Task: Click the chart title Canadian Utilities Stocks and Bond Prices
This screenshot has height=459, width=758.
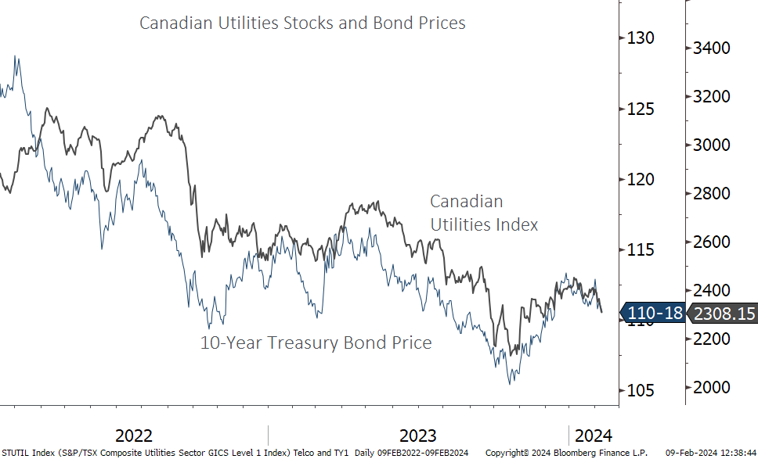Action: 302,23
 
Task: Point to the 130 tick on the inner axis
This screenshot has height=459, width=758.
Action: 640,38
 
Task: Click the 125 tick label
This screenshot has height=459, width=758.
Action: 640,109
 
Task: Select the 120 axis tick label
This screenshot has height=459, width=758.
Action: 640,179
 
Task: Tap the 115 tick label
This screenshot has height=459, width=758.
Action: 640,250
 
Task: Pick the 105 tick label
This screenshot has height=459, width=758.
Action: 640,390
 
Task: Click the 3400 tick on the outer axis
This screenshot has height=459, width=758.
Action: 712,48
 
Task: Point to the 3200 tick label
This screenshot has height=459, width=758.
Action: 712,97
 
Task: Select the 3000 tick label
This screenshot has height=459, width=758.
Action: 712,145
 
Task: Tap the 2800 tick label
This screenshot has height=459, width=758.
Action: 712,194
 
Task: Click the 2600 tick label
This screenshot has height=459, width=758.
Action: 712,242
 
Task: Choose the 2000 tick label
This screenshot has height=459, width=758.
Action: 712,388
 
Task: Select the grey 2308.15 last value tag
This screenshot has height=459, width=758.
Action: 723,314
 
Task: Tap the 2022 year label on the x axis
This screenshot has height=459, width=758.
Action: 134,436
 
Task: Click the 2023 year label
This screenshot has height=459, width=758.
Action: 418,436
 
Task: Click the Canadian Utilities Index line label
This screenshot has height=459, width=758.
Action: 484,213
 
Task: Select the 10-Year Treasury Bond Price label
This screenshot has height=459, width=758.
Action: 316,342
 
